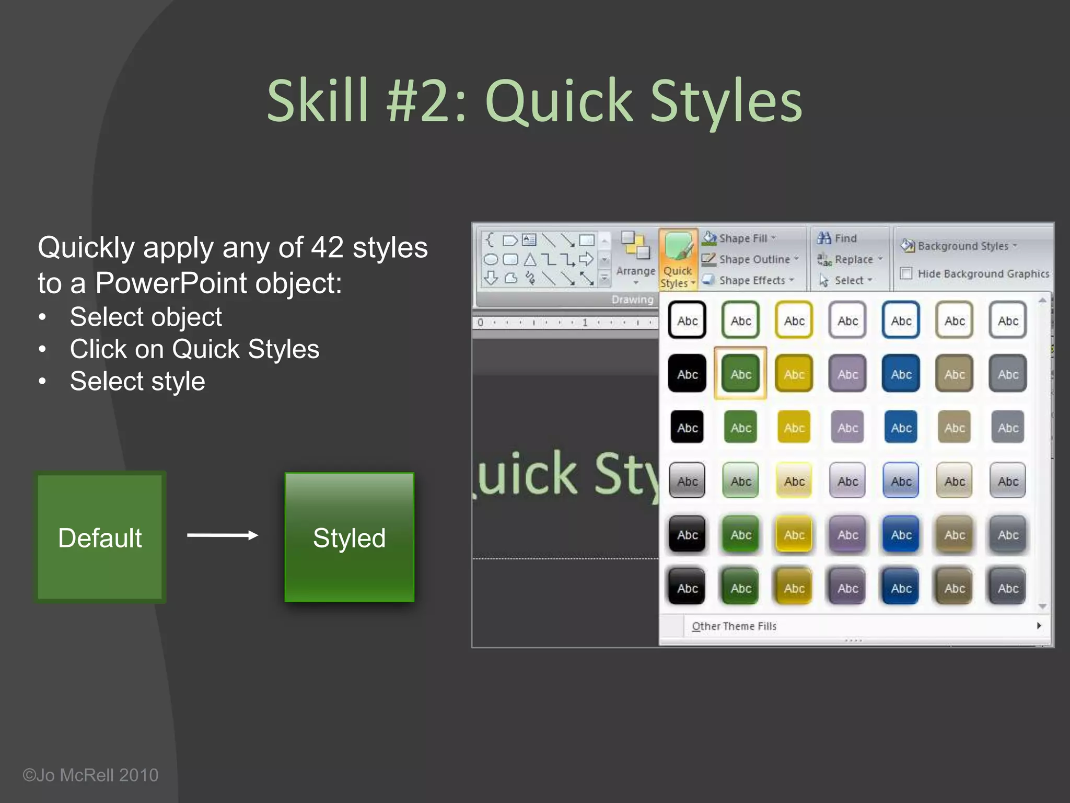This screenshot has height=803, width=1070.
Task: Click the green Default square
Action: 100,537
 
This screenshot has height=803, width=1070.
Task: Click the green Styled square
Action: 349,537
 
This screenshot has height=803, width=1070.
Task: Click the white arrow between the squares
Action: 223,535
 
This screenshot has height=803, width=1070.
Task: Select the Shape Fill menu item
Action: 742,238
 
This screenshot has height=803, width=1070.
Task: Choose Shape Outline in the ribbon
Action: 754,259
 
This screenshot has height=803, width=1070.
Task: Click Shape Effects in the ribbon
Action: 751,280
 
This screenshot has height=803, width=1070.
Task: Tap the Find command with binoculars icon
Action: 838,238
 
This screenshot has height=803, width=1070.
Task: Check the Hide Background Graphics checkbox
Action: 906,273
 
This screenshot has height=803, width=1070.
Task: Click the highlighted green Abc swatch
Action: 741,374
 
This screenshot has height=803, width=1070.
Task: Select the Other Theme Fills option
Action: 734,626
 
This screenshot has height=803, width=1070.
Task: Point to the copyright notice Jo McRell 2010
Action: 90,775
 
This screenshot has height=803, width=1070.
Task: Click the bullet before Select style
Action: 43,382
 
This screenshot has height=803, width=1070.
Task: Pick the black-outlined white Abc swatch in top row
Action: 687,320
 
